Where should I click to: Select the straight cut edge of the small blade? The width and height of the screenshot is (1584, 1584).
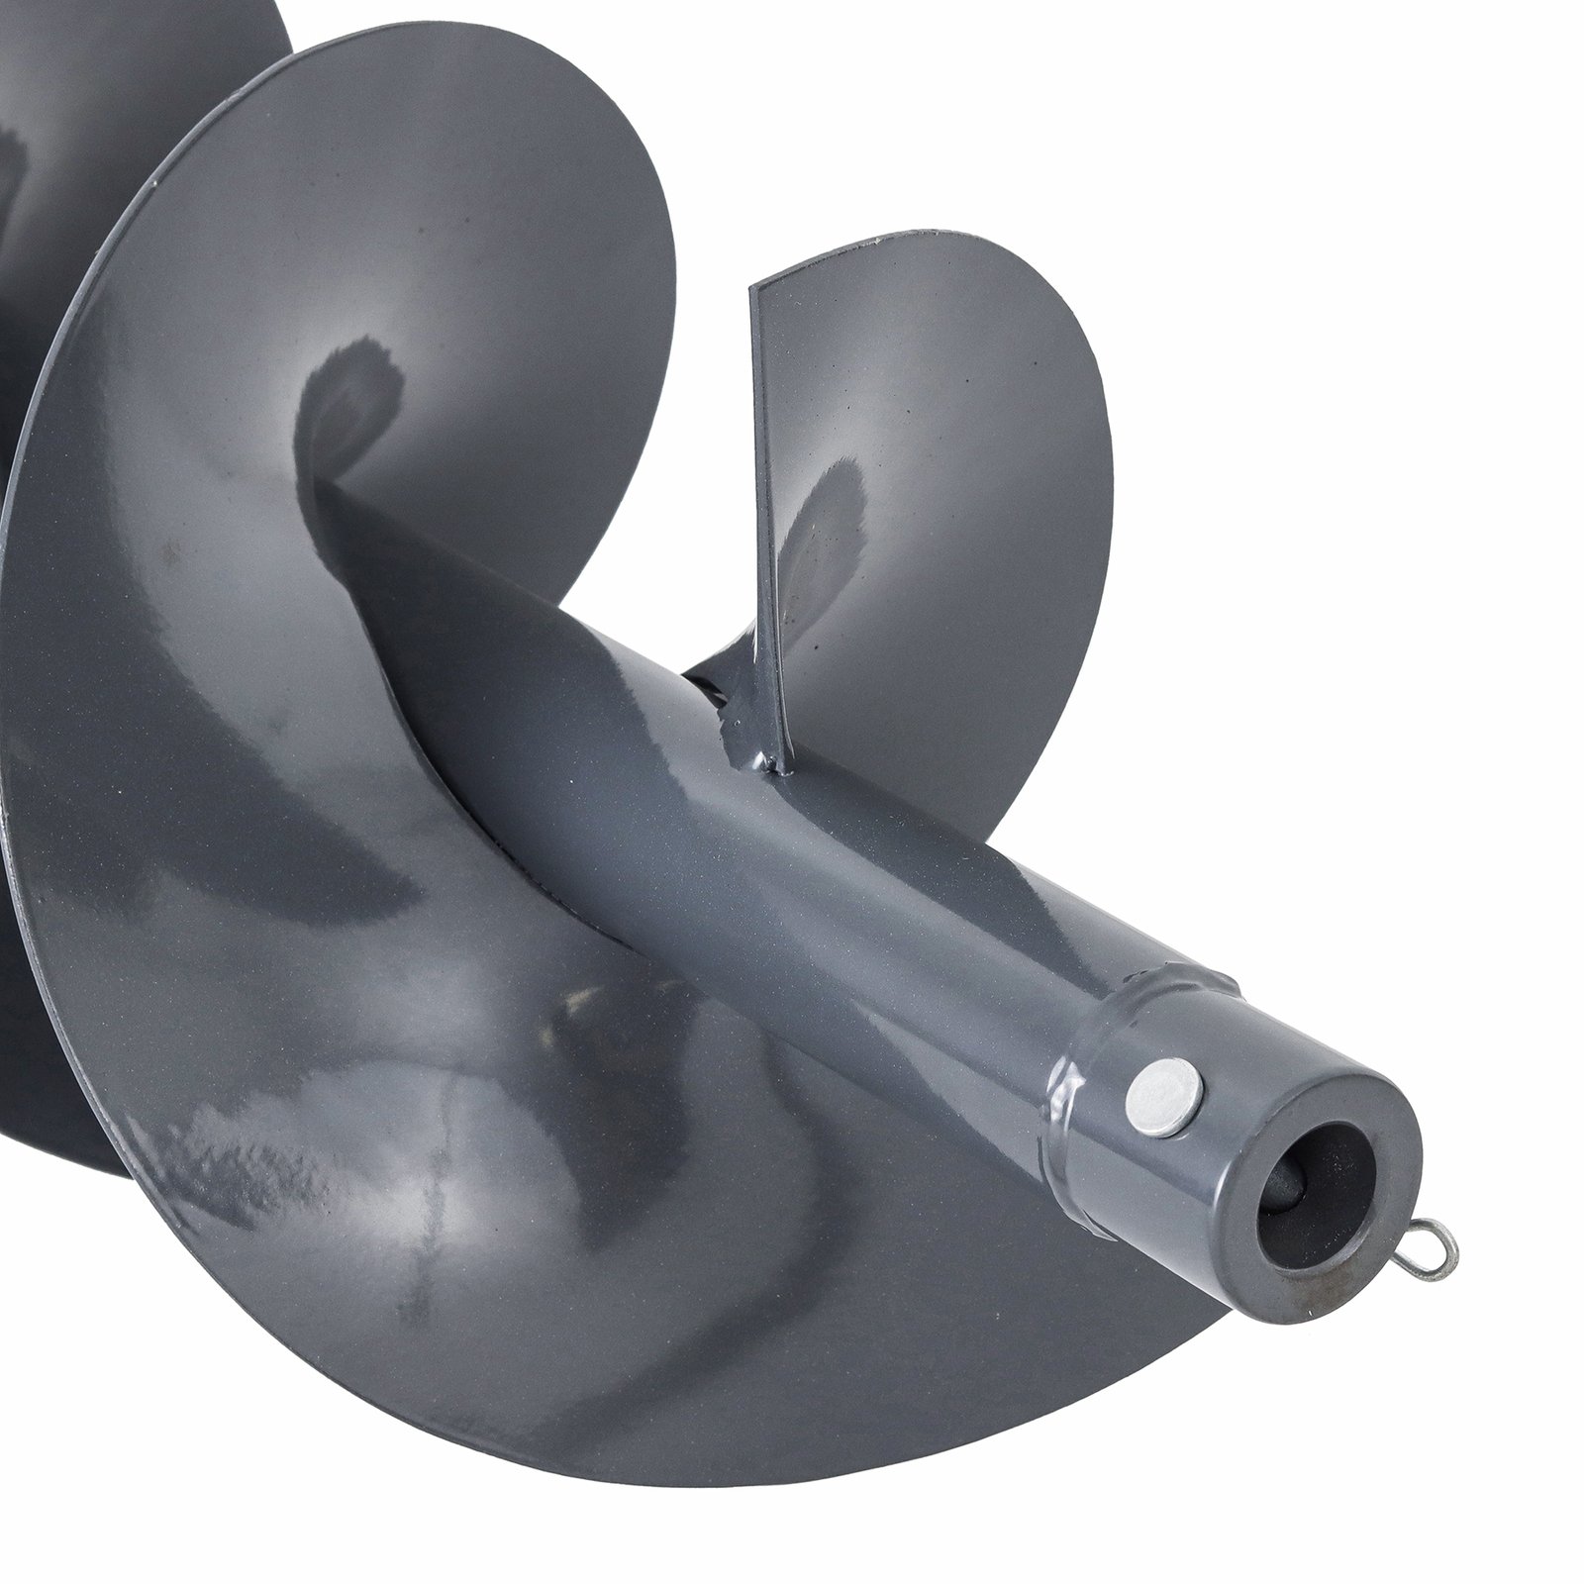[x=762, y=495]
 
